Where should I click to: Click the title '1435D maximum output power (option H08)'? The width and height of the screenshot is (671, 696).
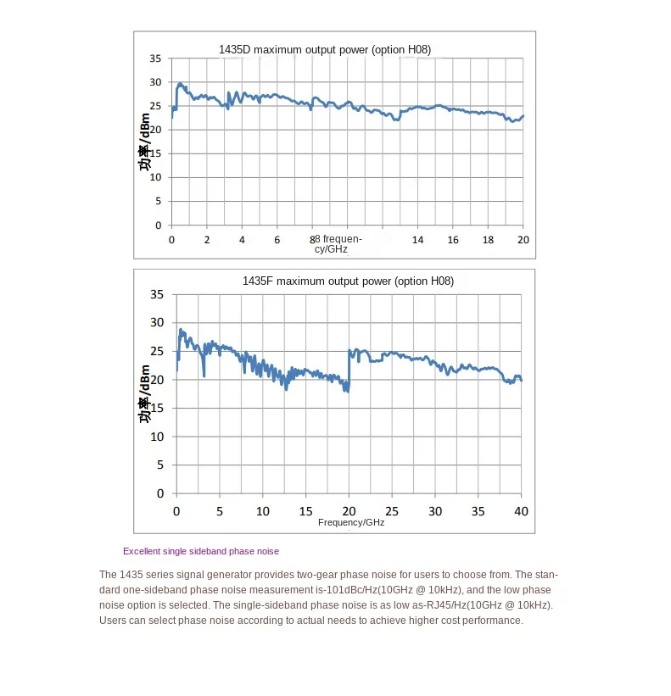coord(325,50)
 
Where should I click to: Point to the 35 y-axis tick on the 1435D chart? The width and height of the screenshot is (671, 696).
coord(155,58)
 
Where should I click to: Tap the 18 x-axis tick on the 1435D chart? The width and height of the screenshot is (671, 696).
coord(488,240)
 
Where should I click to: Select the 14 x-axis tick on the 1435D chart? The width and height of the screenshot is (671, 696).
coord(417,240)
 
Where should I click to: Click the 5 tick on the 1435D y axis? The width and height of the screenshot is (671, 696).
coord(158,202)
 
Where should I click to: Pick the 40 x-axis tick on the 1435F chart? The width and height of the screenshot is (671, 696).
coord(522,511)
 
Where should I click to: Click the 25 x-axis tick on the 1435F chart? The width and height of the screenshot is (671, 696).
coord(392,511)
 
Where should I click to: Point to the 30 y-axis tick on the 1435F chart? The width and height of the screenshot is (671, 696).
coord(156,323)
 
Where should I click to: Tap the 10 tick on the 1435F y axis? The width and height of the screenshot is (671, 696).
coord(156,437)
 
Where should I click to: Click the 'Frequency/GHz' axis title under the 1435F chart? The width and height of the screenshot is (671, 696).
coord(351,523)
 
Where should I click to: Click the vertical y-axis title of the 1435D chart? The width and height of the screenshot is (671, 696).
coord(145,142)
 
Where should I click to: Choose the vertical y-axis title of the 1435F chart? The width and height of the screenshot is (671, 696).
coord(145,394)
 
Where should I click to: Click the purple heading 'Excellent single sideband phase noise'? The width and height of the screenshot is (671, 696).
coord(201,551)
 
